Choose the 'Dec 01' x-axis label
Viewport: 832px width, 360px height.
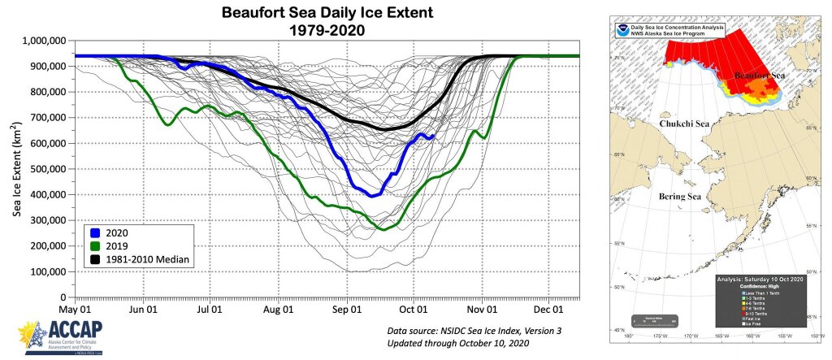(x=548, y=309)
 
